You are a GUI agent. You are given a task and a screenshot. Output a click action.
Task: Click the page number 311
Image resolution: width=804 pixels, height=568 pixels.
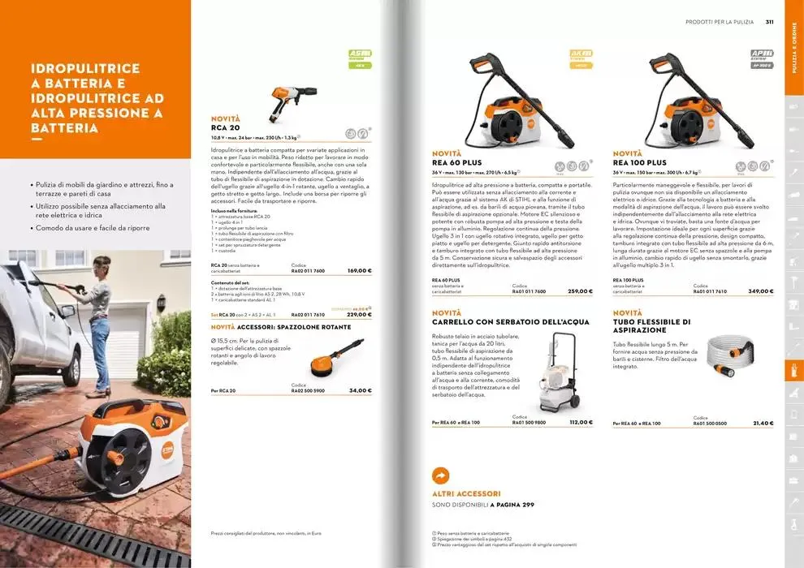coord(768,22)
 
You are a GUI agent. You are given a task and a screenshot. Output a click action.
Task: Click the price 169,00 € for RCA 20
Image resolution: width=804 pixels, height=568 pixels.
coord(359,270)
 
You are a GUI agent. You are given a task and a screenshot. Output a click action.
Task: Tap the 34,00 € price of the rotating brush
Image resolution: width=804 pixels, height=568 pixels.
coord(360,390)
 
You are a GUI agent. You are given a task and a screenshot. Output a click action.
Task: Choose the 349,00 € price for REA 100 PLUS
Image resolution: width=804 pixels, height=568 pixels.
coord(761,290)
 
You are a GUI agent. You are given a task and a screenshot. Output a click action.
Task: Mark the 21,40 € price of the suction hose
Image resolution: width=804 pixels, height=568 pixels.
coord(763,423)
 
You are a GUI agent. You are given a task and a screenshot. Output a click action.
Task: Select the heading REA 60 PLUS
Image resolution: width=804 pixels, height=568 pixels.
coord(456,162)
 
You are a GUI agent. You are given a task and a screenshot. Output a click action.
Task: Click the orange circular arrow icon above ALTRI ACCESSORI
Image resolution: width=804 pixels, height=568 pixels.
coord(441,475)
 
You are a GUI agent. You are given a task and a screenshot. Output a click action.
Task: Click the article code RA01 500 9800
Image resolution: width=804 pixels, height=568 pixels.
coord(529,423)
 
